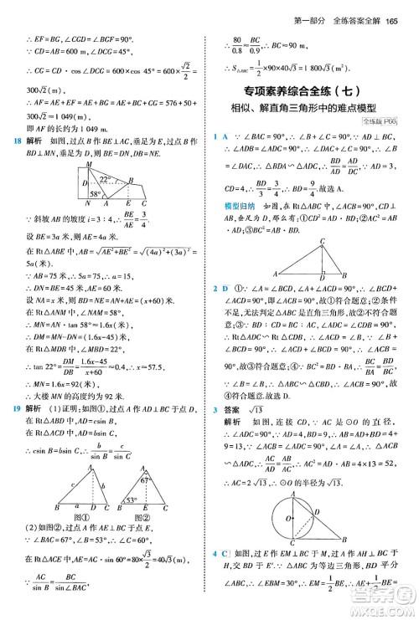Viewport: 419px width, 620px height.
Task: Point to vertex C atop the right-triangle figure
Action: (321, 241)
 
